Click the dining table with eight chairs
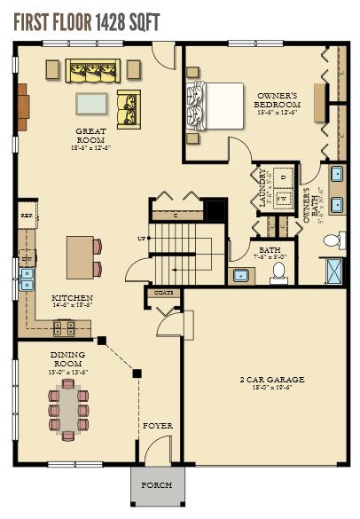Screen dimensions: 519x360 pos(68,410)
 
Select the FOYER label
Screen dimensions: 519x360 pos(157,426)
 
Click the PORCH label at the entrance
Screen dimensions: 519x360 pos(157,485)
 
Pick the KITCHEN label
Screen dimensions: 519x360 pos(68,301)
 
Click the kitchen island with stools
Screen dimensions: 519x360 pos(81,257)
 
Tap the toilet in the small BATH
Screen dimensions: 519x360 pos(278,271)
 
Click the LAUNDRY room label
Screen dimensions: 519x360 pos(263,187)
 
